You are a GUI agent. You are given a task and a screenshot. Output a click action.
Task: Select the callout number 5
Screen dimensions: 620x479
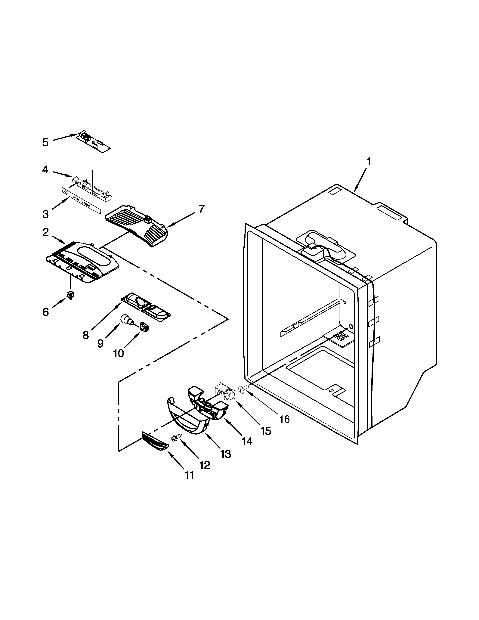pyautogui.click(x=45, y=142)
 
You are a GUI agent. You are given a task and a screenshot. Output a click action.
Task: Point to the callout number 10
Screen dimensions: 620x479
pyautogui.click(x=118, y=353)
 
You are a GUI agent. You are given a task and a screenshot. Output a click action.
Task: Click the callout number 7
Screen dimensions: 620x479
pyautogui.click(x=201, y=209)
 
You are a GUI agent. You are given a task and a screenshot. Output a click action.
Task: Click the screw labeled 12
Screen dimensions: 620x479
pyautogui.click(x=175, y=439)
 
